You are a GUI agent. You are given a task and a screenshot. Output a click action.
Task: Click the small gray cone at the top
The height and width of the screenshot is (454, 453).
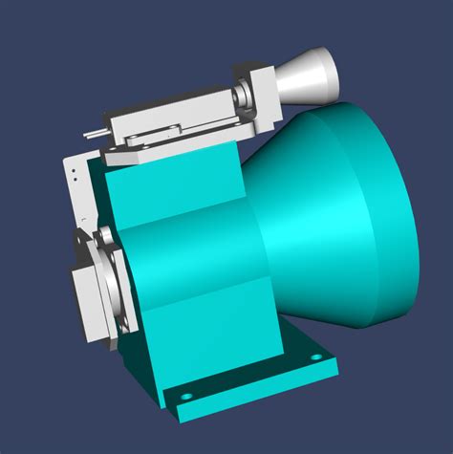pos(304,77)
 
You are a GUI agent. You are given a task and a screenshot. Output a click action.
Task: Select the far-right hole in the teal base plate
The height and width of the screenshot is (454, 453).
pos(316,357)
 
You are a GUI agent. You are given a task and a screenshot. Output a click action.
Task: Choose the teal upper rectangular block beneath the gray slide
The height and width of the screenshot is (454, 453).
pos(172,191)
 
